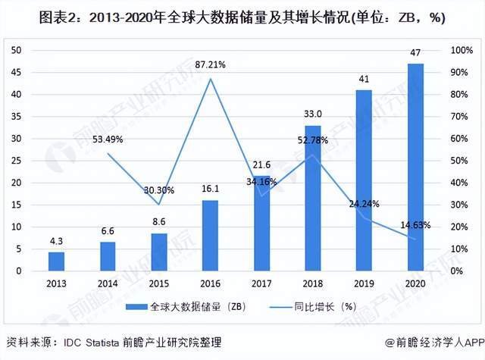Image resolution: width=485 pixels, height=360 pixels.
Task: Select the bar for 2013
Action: click(x=56, y=261)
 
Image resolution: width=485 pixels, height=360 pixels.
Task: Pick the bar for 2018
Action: click(x=313, y=199)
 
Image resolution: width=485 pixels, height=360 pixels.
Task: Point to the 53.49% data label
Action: click(x=108, y=139)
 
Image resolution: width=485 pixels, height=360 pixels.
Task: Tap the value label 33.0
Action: click(x=313, y=114)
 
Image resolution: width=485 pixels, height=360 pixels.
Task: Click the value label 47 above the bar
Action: click(x=415, y=54)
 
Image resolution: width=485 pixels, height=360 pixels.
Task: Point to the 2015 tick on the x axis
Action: click(x=158, y=283)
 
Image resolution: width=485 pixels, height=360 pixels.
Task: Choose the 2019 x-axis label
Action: click(x=364, y=283)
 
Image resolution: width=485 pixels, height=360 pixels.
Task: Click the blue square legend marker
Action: click(x=134, y=306)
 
